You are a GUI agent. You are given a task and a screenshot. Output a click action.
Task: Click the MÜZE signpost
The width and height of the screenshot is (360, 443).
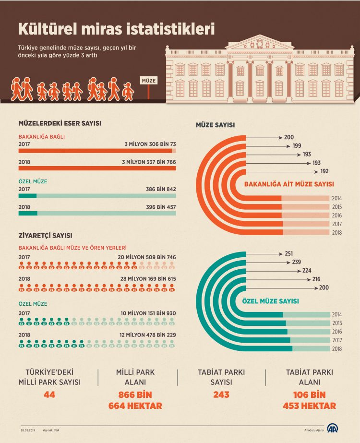(149, 81)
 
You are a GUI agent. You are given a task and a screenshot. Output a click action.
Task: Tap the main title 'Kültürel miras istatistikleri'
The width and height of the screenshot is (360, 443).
(116, 28)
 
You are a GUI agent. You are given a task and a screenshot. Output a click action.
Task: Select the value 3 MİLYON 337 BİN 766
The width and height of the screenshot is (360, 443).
(149, 162)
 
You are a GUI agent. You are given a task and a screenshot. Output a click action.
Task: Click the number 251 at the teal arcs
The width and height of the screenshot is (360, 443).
(288, 253)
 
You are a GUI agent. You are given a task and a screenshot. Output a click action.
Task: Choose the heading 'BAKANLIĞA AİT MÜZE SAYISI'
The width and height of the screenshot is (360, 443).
(289, 184)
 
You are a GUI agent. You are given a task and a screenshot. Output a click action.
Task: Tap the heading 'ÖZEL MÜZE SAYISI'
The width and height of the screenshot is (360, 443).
(270, 301)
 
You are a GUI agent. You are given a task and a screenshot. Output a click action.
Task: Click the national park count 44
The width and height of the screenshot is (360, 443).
(49, 395)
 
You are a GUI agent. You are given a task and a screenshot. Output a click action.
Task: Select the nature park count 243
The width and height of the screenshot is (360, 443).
(221, 395)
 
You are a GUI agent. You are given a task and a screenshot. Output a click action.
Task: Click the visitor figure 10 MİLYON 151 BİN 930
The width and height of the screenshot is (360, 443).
(148, 313)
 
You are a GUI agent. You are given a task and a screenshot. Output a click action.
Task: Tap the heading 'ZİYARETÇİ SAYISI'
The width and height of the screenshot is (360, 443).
(45, 236)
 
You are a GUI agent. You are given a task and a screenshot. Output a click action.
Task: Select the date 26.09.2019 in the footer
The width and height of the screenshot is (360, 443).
(29, 429)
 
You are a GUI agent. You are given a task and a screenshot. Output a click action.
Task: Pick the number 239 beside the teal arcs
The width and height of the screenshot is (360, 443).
(296, 262)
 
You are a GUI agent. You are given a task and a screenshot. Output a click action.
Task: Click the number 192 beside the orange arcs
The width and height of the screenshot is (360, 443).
(324, 171)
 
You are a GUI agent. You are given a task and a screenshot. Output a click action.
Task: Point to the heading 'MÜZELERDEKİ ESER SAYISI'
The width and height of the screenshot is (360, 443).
(60, 123)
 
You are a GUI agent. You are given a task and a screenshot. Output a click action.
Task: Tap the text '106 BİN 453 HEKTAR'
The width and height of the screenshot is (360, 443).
(310, 400)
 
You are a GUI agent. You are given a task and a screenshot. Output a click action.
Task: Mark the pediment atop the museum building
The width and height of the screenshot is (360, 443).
(260, 43)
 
